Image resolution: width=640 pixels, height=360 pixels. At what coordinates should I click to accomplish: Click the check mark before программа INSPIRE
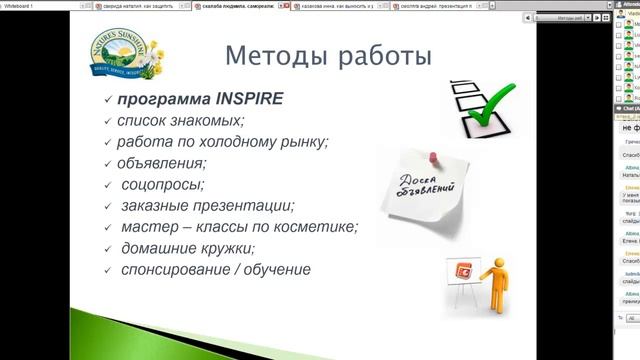(x=108, y=100)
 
